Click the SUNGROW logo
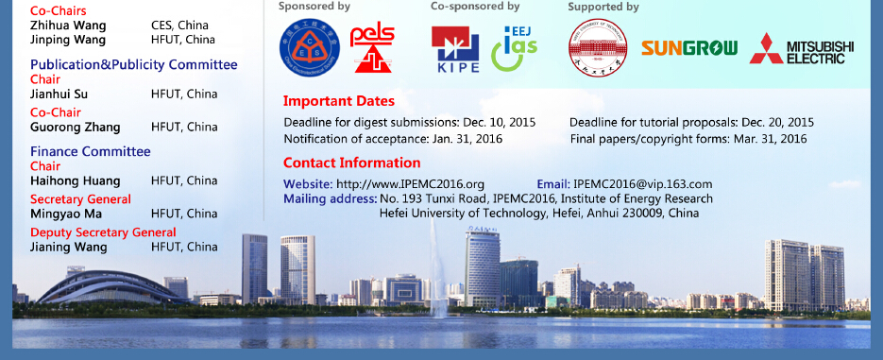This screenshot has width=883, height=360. click(689, 48)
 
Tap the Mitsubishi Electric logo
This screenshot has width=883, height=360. click(802, 49)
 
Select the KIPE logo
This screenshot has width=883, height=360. click(455, 49)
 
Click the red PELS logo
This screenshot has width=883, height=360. click(372, 49)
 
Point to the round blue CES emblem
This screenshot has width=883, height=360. click(310, 48)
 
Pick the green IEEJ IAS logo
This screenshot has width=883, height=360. click(514, 48)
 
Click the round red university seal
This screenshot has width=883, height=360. click(598, 47)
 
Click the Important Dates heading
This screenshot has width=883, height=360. click(338, 101)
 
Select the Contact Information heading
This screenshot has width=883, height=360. click(351, 163)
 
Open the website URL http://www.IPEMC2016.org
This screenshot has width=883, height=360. click(410, 184)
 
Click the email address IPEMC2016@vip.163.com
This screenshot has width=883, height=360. click(642, 184)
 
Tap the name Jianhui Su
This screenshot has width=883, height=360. click(59, 94)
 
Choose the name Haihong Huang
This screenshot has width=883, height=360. click(75, 180)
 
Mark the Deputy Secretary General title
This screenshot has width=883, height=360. click(103, 232)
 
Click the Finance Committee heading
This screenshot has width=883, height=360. click(90, 151)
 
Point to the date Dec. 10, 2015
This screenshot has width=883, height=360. click(499, 122)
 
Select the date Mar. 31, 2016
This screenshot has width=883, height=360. click(770, 139)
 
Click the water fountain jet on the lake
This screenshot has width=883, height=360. click(437, 269)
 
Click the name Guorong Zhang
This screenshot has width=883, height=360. click(75, 128)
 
